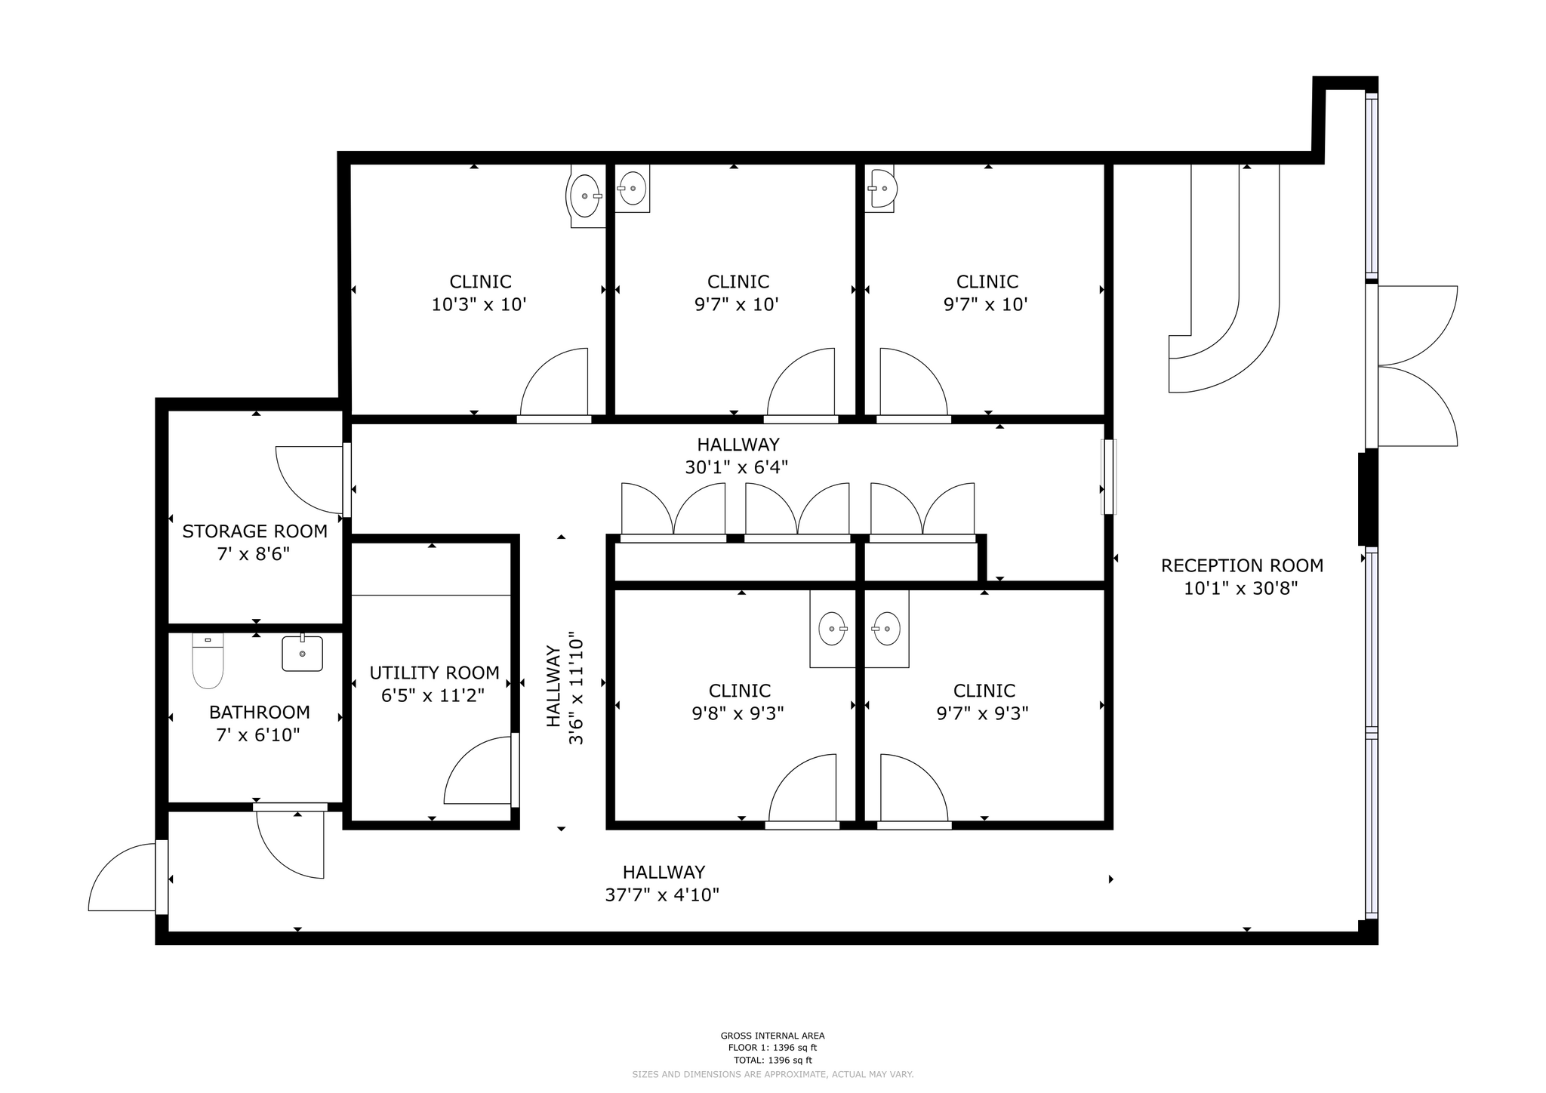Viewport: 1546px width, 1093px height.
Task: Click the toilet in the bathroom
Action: click(208, 662)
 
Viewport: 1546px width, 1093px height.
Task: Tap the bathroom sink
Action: click(302, 654)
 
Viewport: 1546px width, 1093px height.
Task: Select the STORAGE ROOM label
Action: click(255, 531)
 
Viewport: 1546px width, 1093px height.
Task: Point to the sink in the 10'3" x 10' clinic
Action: click(585, 196)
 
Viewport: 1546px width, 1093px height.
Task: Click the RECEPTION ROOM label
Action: click(1242, 565)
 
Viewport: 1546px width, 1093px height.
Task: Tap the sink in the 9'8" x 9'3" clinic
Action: click(832, 629)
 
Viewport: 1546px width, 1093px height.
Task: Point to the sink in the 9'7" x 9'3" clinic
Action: click(886, 629)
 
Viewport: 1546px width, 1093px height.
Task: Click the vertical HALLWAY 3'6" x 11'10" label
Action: click(565, 687)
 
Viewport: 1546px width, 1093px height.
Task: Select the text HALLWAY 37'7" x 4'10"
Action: click(663, 883)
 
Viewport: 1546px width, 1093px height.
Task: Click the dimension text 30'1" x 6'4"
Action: click(736, 468)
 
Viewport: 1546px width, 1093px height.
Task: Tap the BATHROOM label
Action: click(259, 712)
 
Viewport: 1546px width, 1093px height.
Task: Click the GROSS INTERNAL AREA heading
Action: click(772, 1036)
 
